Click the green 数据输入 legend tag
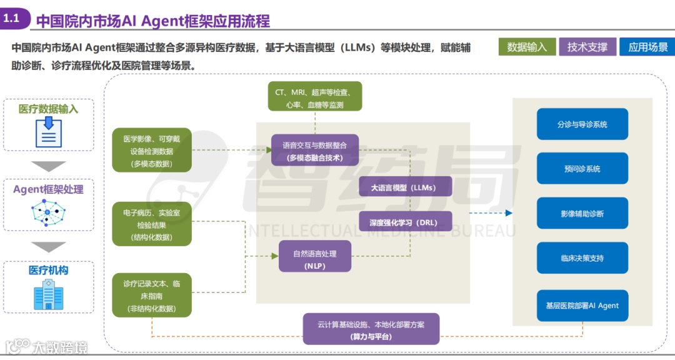527,47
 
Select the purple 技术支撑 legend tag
587,47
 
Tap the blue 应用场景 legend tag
647,47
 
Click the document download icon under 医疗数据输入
48,132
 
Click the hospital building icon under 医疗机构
48,294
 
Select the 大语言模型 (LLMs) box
405,187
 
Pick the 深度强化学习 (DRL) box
405,221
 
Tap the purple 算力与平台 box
371,330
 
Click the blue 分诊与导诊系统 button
582,124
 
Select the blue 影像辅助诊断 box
582,214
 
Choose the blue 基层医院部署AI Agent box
582,306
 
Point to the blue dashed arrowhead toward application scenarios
508,213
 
